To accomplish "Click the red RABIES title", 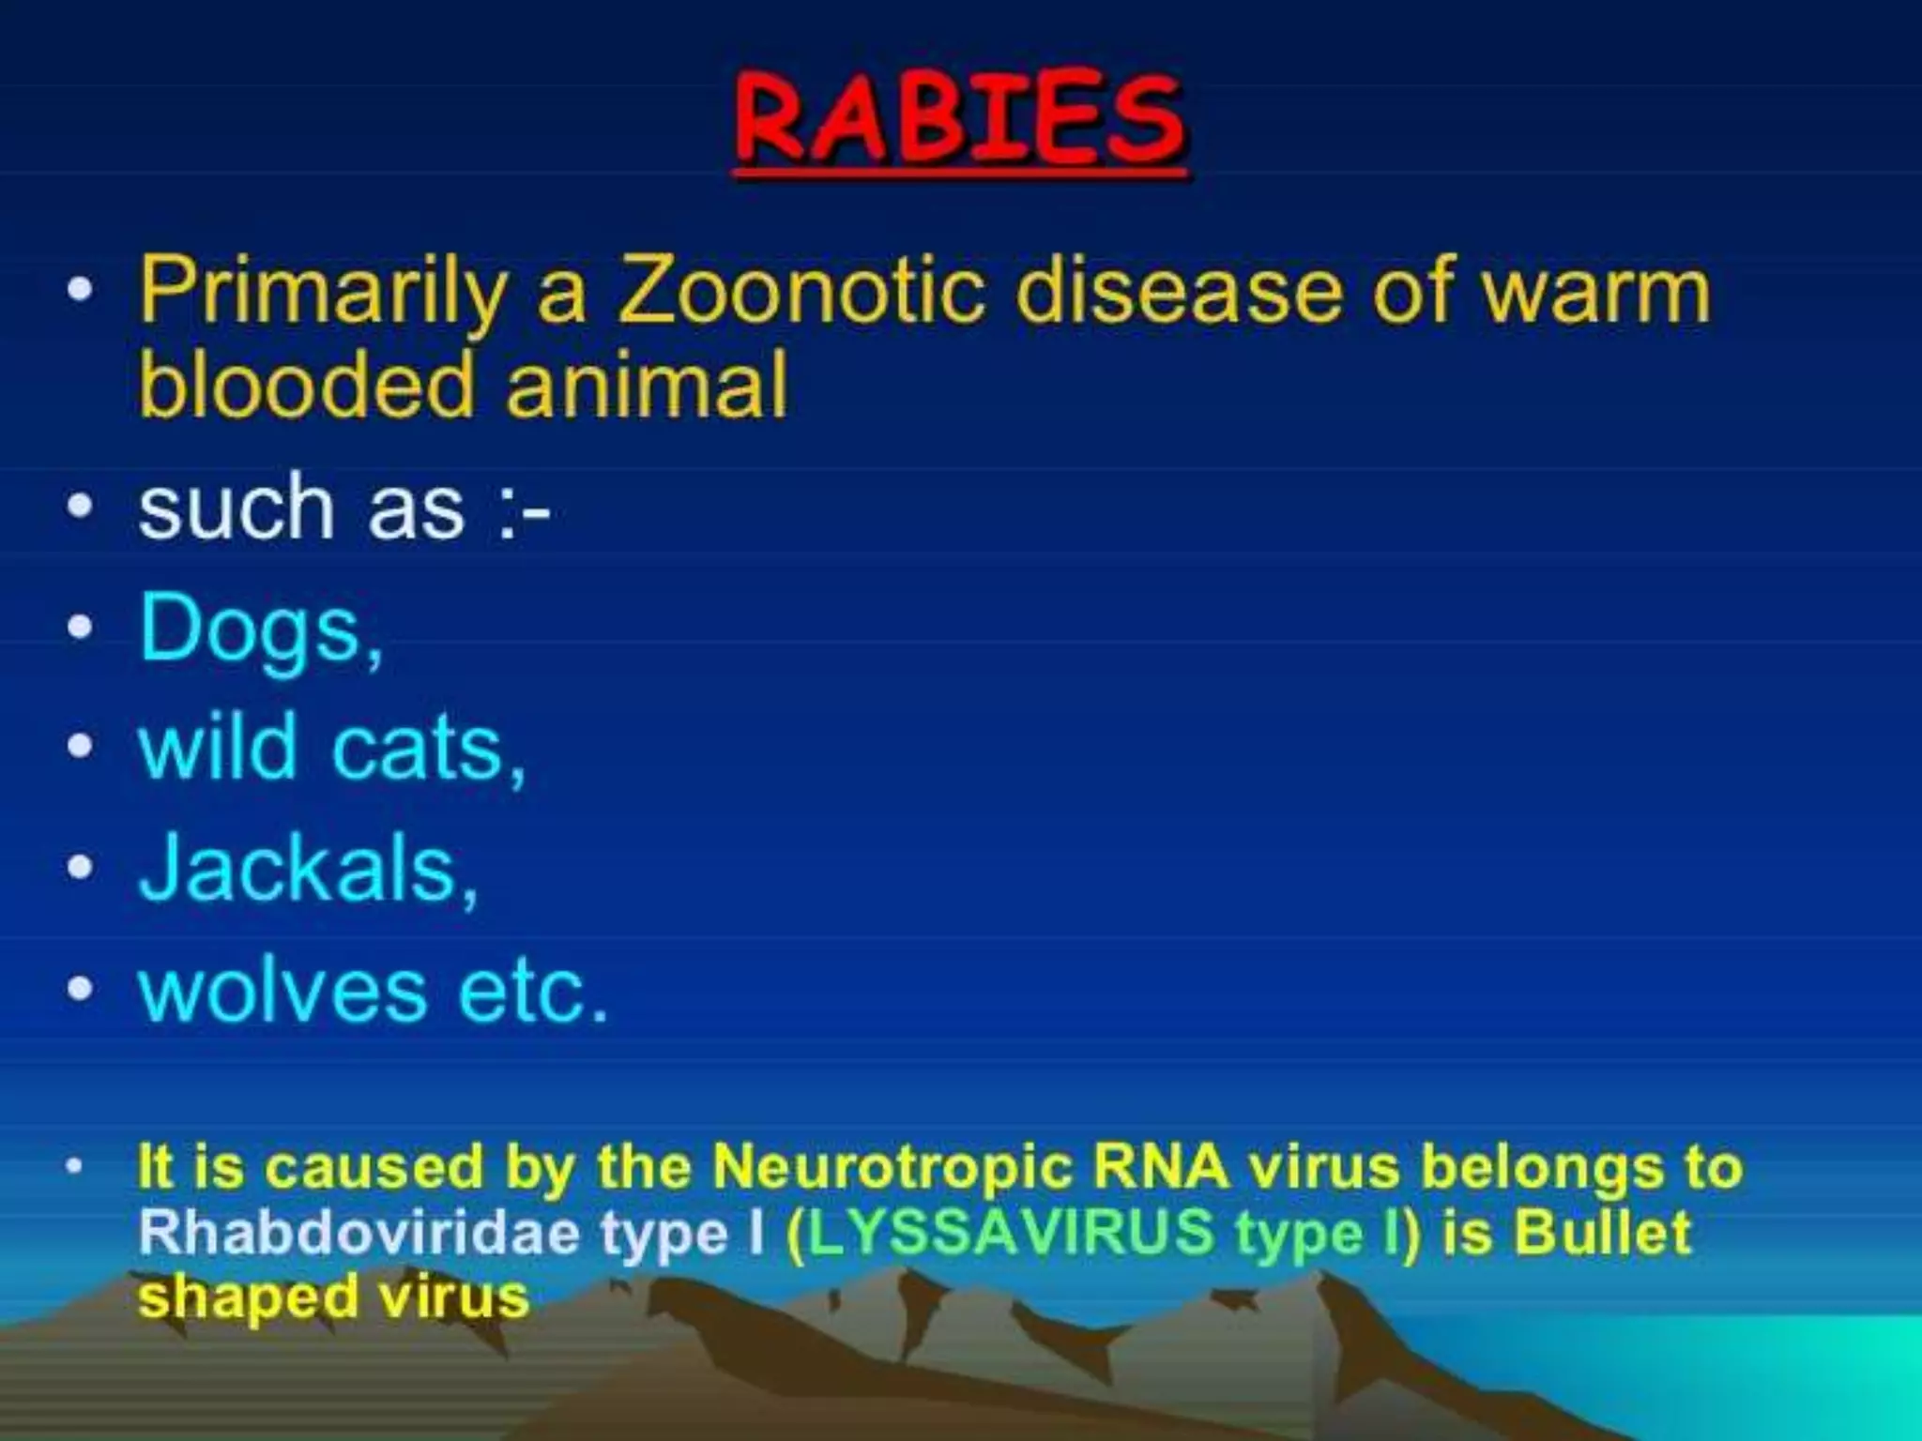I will click(x=959, y=120).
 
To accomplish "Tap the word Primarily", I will click(x=322, y=293).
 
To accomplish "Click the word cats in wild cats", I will click(x=427, y=750).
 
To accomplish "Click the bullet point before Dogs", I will click(x=81, y=627).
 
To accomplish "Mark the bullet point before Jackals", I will click(x=81, y=868).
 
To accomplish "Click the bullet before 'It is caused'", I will click(x=75, y=1167).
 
